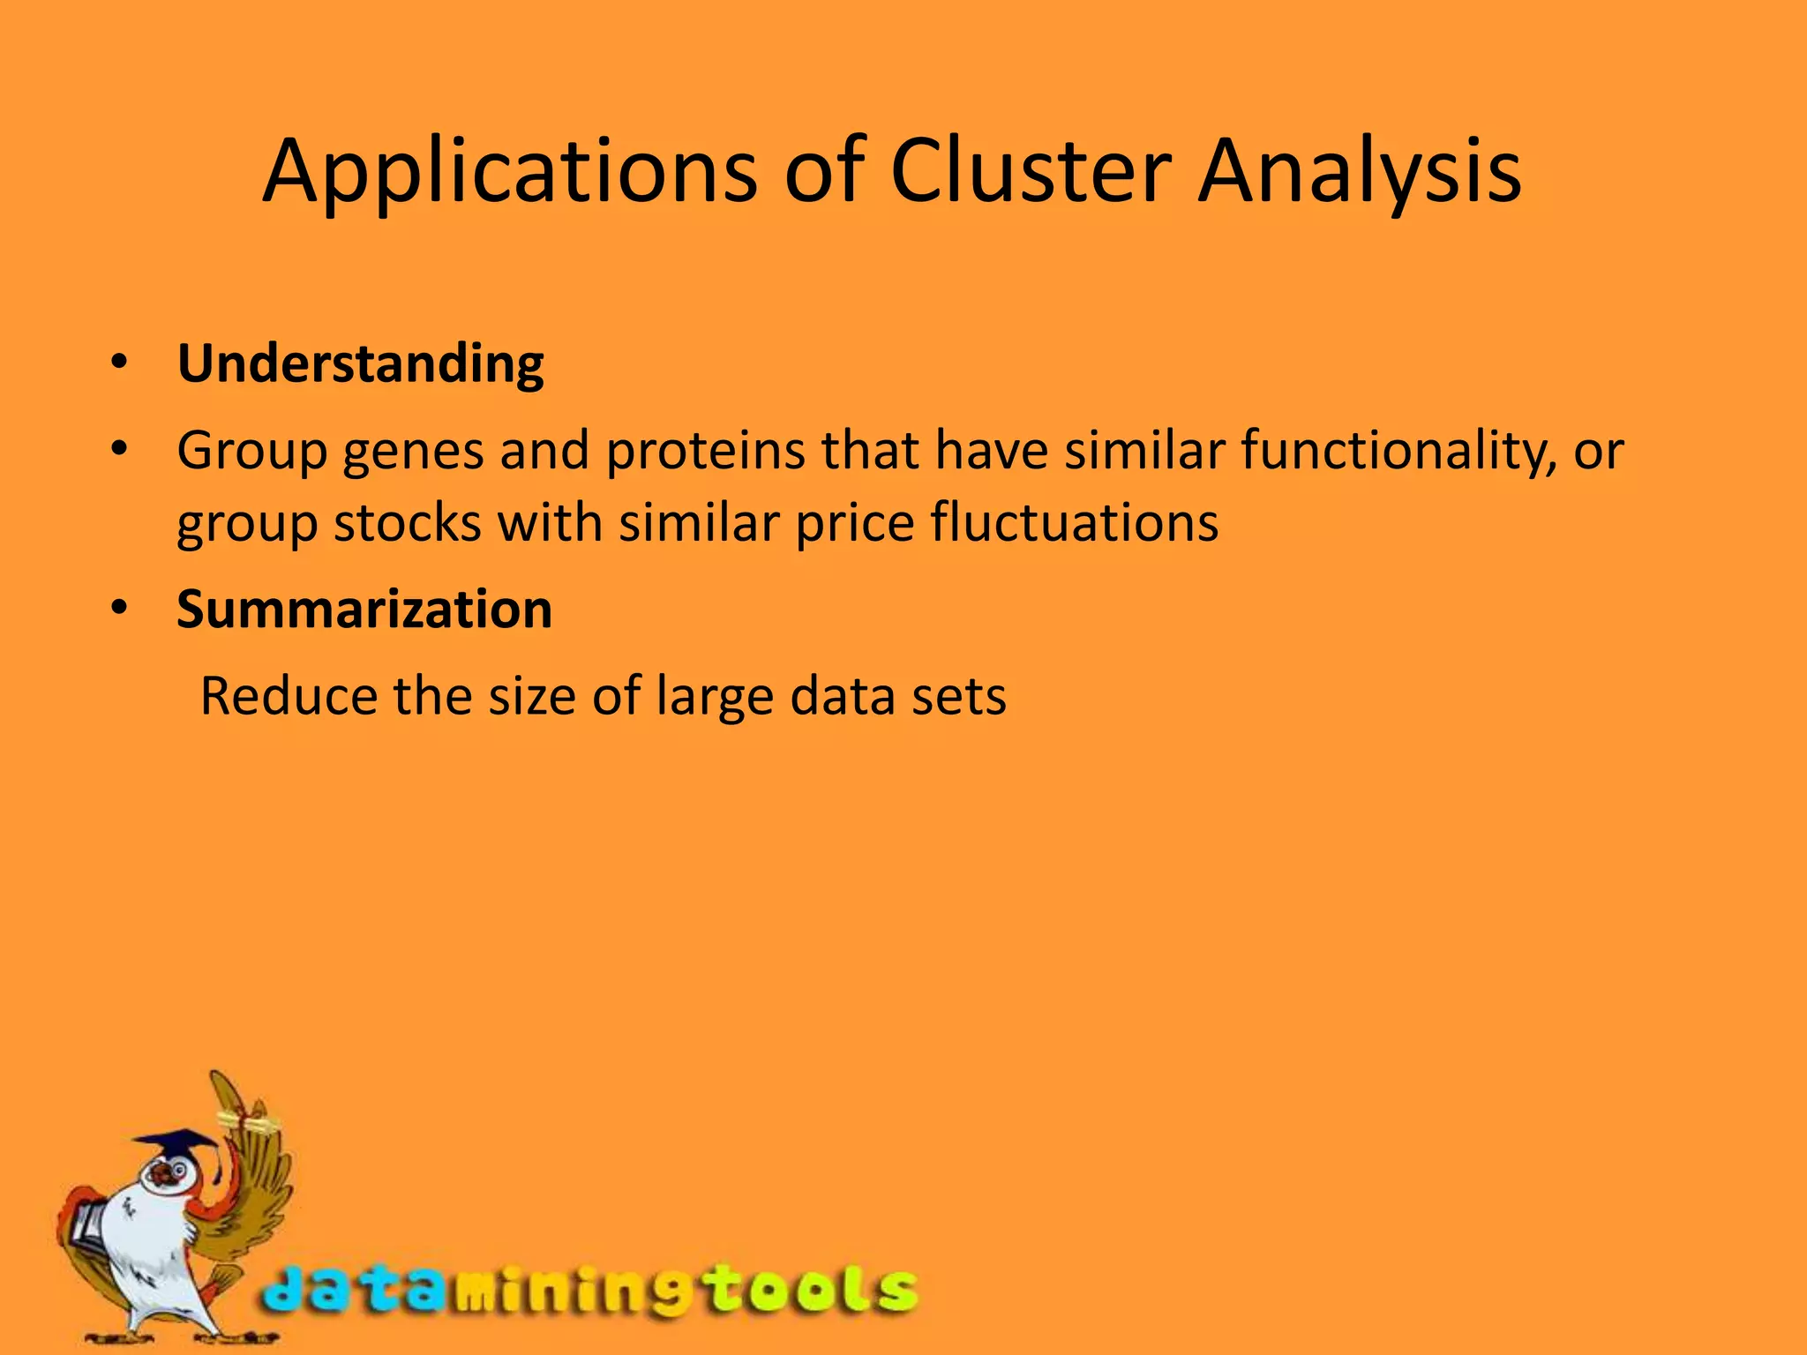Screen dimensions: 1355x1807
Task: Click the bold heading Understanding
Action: (360, 363)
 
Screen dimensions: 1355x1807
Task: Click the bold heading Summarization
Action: (364, 610)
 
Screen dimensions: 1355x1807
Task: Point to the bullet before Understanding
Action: (120, 362)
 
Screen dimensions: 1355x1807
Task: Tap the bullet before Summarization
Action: (120, 608)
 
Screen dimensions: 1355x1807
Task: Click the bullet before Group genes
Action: (120, 449)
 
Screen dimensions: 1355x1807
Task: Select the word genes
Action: (413, 452)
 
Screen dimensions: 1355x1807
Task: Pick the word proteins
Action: (705, 452)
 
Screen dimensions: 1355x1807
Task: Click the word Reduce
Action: (289, 697)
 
